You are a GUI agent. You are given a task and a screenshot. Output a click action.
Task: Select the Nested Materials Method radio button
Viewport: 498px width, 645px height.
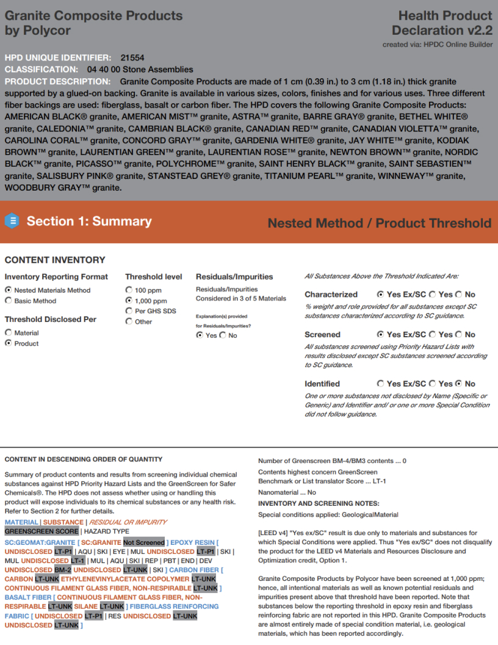pyautogui.click(x=8, y=290)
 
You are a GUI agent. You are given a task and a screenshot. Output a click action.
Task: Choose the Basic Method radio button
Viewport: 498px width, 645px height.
pyautogui.click(x=8, y=301)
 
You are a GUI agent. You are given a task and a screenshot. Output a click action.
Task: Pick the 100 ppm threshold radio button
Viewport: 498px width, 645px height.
pyautogui.click(x=129, y=290)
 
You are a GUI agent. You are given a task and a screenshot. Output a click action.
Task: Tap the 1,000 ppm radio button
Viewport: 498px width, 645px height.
pyautogui.click(x=129, y=301)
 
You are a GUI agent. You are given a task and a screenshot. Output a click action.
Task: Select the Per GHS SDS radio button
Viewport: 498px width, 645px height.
pyautogui.click(x=129, y=311)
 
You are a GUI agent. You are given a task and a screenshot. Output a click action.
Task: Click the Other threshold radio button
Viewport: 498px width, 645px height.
pyautogui.click(x=129, y=321)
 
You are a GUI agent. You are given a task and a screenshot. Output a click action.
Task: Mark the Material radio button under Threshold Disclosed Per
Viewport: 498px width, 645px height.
pyautogui.click(x=8, y=332)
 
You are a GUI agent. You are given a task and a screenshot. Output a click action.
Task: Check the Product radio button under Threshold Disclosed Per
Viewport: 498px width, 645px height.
pyautogui.click(x=8, y=343)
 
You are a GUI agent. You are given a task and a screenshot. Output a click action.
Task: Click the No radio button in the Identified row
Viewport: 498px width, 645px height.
pyautogui.click(x=459, y=384)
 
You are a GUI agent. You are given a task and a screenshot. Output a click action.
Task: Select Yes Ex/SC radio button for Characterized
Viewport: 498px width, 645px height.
pyautogui.click(x=381, y=294)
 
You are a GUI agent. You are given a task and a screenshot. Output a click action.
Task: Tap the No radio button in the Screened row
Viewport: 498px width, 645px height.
pyautogui.click(x=459, y=334)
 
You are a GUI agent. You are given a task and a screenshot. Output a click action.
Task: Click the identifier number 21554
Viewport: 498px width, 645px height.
pyautogui.click(x=132, y=57)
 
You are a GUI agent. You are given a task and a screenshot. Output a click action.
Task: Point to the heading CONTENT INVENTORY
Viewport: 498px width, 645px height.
pyautogui.click(x=55, y=260)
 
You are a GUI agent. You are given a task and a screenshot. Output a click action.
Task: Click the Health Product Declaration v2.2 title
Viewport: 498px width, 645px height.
pyautogui.click(x=442, y=23)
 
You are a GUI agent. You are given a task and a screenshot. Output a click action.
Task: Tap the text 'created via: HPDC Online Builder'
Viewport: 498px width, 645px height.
pyautogui.click(x=438, y=45)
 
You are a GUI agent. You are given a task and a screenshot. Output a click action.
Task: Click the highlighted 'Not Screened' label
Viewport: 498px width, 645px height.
pyautogui.click(x=143, y=542)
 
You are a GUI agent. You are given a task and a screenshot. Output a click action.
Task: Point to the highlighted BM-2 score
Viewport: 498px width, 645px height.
pyautogui.click(x=62, y=570)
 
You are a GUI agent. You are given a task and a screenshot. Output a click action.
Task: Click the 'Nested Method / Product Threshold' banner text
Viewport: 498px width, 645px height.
pyautogui.click(x=379, y=223)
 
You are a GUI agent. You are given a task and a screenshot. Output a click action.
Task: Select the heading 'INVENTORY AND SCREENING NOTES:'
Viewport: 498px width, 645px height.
pyautogui.click(x=319, y=503)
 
